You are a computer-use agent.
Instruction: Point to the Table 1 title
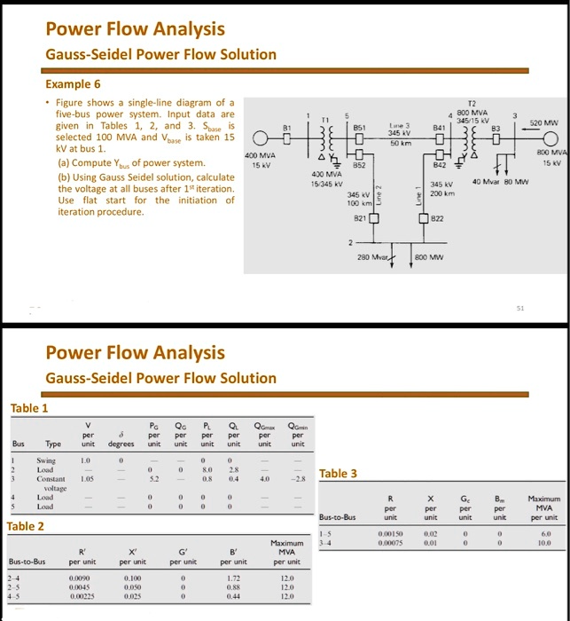point(29,408)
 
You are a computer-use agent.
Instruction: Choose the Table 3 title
point(339,473)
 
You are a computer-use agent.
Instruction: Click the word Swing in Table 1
point(46,461)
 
